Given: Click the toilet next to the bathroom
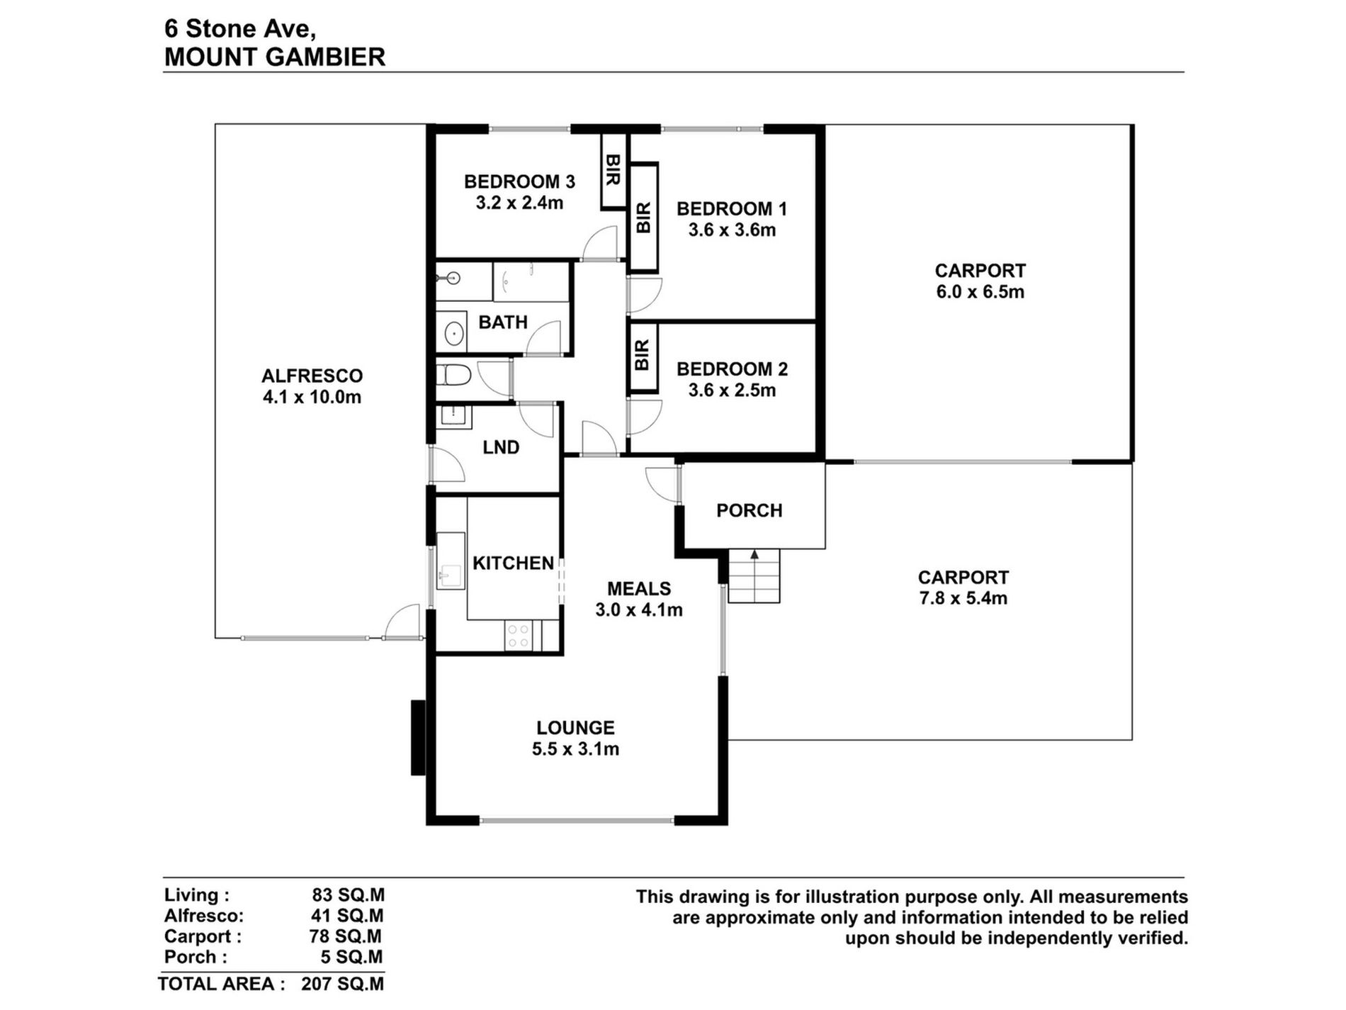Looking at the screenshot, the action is click(x=453, y=375).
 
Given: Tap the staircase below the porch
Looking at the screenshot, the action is click(x=754, y=576).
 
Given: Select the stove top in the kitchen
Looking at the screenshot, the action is click(x=518, y=635).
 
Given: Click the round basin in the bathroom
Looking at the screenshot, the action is click(x=453, y=332).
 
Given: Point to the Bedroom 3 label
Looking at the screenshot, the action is click(x=519, y=182).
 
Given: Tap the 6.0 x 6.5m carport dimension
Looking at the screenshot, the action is click(x=980, y=292).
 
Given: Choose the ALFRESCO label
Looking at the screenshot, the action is click(x=312, y=376).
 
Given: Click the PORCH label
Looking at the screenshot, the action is click(x=749, y=510).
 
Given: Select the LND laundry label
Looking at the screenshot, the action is click(x=501, y=447).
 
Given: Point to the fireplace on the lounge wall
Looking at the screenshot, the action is click(x=419, y=738).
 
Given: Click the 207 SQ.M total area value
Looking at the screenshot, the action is click(x=342, y=984).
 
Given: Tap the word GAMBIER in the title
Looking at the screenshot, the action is click(x=328, y=57).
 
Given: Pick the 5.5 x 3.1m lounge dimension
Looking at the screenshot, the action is click(x=575, y=749).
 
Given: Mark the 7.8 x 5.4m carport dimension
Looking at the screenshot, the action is click(x=963, y=598).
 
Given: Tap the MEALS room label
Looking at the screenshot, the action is click(x=639, y=588).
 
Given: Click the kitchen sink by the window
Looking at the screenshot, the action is click(x=451, y=561).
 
